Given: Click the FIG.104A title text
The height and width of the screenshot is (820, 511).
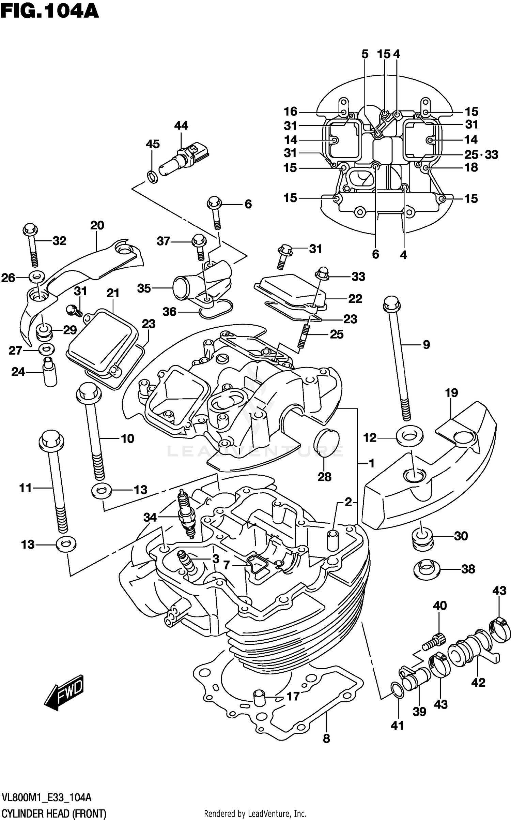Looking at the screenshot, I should (x=49, y=12).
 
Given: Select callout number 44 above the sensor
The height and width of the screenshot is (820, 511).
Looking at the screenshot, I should (x=181, y=126).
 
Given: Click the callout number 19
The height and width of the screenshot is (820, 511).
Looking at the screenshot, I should (x=451, y=393).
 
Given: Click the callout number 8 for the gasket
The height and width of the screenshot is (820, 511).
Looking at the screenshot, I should (x=326, y=739).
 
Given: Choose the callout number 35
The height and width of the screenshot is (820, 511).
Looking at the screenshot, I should (x=144, y=288).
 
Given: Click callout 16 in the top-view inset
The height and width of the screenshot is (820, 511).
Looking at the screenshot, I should (x=291, y=111).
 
